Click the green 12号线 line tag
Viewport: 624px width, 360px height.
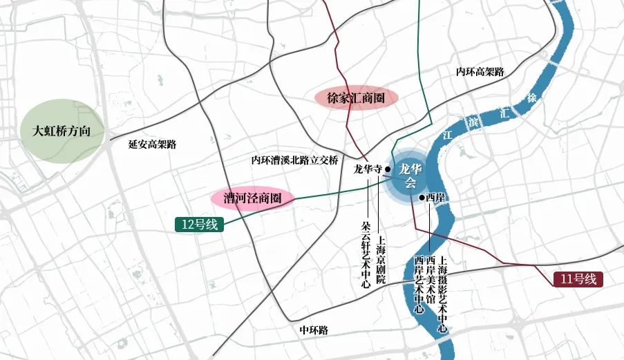(x=198, y=224)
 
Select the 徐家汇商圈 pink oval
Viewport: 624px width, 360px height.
(x=354, y=98)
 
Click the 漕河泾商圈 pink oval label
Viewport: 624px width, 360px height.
(x=252, y=198)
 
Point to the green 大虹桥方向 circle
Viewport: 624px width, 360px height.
(x=62, y=131)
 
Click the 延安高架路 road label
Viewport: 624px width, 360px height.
(x=153, y=144)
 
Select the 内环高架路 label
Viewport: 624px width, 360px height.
(x=480, y=72)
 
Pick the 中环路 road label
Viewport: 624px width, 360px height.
(x=314, y=330)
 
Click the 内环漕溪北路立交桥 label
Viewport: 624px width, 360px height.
(x=294, y=160)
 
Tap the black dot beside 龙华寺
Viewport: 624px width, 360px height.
(x=388, y=168)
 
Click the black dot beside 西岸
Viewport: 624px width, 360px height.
(x=422, y=198)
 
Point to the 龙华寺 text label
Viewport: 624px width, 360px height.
(x=368, y=168)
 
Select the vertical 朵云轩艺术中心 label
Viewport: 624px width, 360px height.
(x=366, y=254)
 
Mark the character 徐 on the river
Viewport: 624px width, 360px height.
(x=531, y=97)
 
